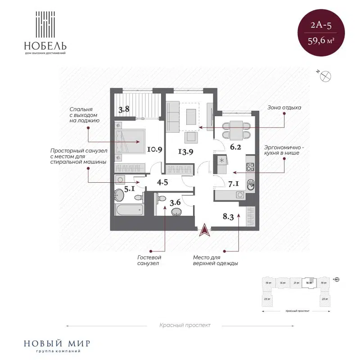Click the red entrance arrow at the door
[205, 229]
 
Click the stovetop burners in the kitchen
[251, 167]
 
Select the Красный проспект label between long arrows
[184, 325]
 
